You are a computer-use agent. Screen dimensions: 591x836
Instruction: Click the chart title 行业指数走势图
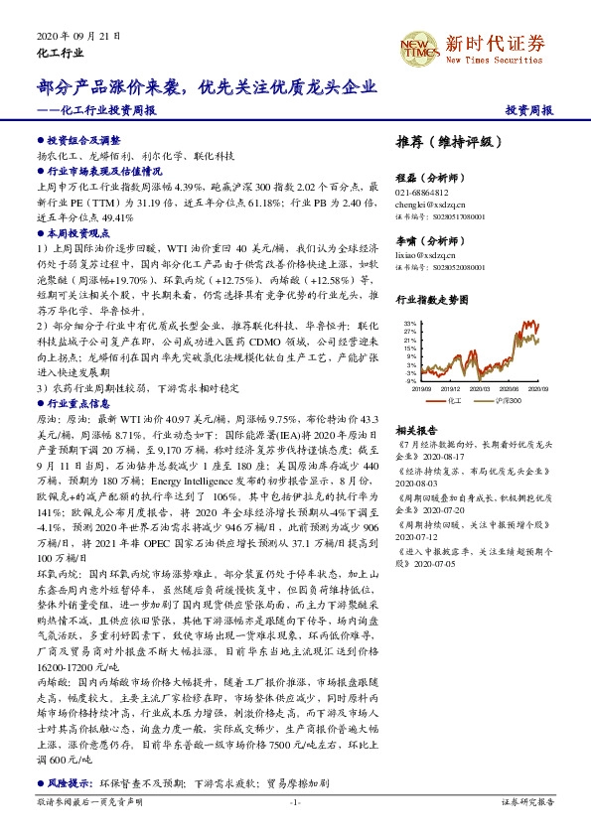432,299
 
